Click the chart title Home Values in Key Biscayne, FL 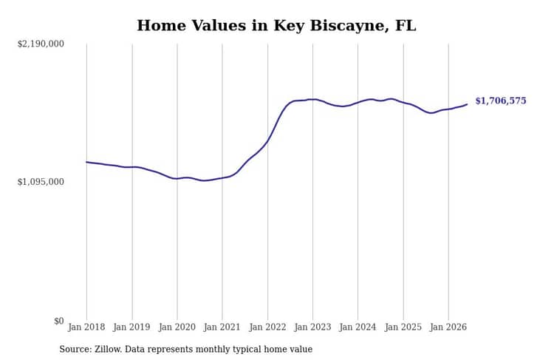(276, 26)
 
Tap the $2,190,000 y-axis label (41, 44)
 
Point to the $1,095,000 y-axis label (41, 182)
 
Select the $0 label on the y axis (59, 321)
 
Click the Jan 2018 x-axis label (86, 327)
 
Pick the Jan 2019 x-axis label (131, 327)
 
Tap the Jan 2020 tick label (177, 327)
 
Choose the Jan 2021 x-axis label (222, 327)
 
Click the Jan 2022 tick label (267, 327)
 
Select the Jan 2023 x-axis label (312, 327)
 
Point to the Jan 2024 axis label (358, 327)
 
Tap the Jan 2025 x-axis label (403, 327)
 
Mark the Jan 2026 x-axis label (448, 327)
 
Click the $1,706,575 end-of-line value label (501, 101)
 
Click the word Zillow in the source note (108, 349)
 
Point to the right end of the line (467, 104)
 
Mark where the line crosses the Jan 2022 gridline (267, 140)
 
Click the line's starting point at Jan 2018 (86, 162)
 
